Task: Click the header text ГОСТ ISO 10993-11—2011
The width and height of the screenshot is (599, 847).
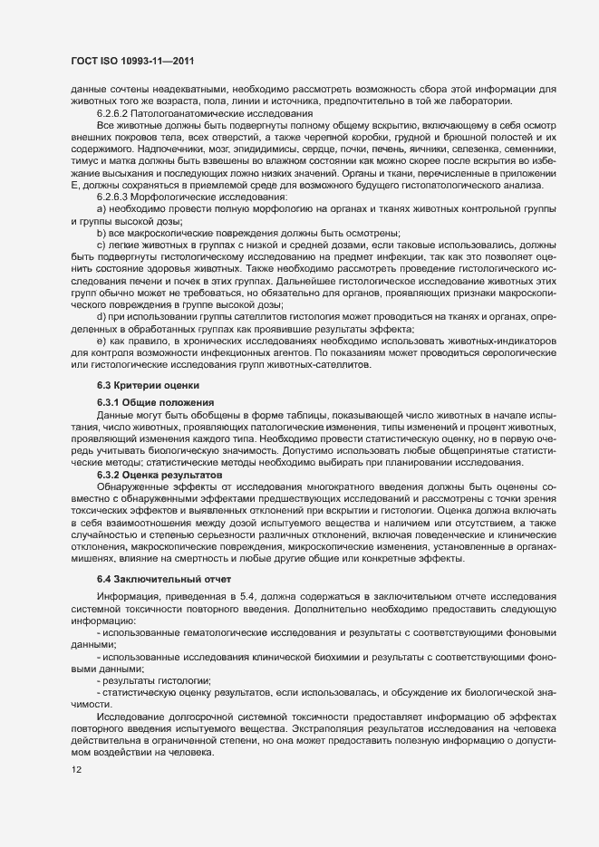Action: tap(134, 62)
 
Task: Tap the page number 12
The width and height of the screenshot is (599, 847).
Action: tap(76, 768)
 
